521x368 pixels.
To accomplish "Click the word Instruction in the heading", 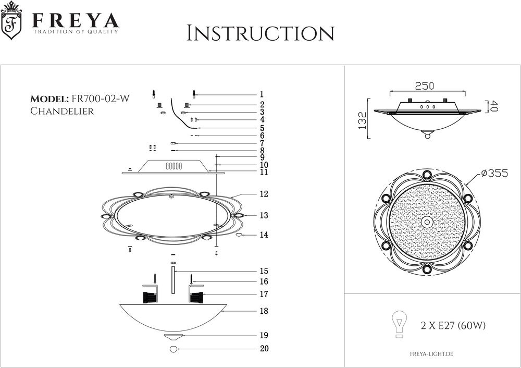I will coord(260,33).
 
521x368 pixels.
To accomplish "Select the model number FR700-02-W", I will coord(97,99).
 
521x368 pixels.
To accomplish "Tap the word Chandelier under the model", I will coord(62,111).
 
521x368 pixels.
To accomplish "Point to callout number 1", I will coord(262,95).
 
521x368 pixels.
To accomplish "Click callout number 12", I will coord(264,194).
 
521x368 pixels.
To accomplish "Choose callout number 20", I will coord(264,349).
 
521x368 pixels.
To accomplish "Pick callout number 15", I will coord(264,271).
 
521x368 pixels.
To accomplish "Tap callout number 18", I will coord(264,311).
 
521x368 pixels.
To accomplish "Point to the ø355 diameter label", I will coord(494,174).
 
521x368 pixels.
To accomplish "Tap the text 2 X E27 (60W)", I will coord(453,326).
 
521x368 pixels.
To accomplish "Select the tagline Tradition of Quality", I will coord(76,32).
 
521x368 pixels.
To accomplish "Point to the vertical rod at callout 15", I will coord(173,281).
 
